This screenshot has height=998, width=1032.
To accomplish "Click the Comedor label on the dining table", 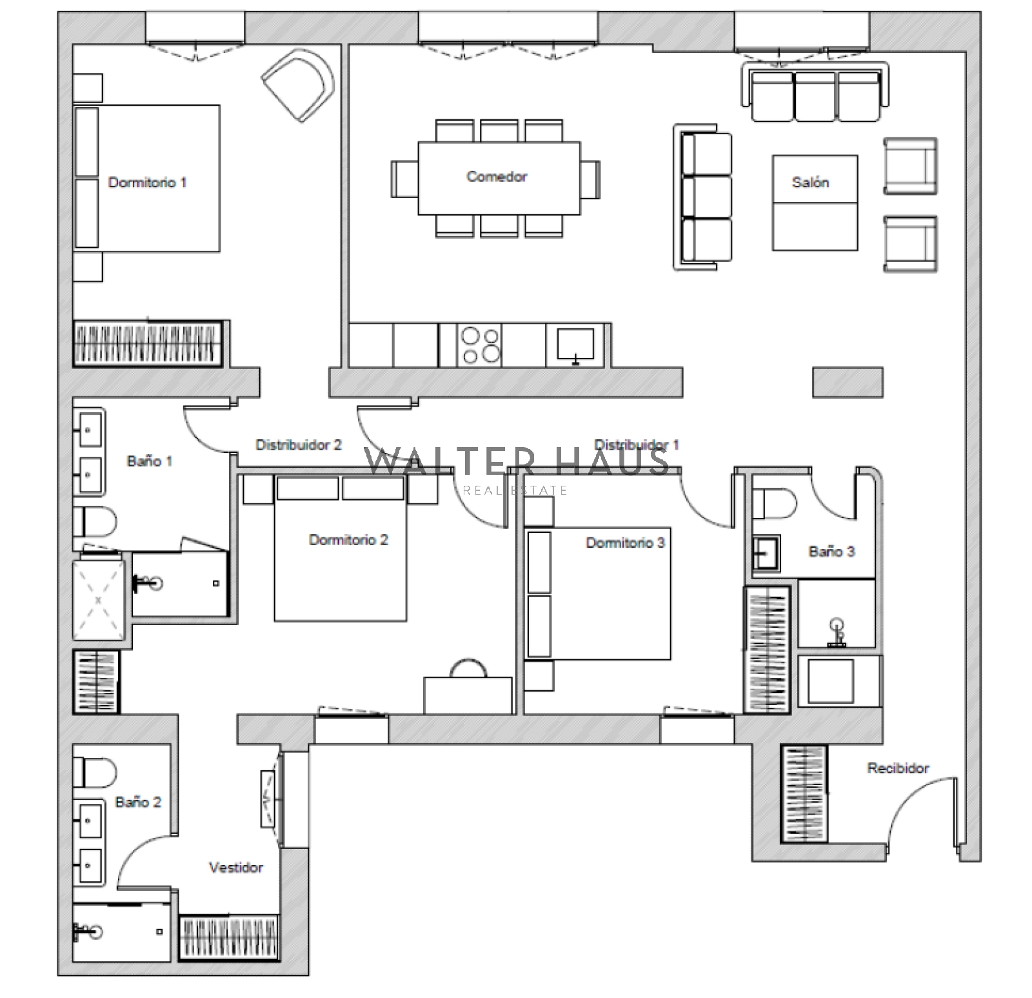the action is point(497,176).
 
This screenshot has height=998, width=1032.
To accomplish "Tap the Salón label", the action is point(810,183).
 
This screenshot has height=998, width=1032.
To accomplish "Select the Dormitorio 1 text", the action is point(147,183).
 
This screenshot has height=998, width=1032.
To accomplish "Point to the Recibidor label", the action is point(898,768).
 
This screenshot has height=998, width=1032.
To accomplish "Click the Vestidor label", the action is point(236,868).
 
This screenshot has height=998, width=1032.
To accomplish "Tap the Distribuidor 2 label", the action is point(299,445).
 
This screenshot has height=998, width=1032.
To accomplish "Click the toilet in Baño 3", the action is point(774,503).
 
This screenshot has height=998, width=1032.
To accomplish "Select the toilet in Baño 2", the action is point(94,772).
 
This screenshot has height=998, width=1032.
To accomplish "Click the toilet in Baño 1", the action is point(94,521).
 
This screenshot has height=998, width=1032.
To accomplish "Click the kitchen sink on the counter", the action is point(575,345).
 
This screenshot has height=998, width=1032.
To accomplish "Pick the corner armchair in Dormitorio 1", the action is point(299,86).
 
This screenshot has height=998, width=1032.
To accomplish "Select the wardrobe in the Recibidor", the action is point(804,793).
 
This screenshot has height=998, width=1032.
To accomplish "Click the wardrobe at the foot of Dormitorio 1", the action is point(150,343).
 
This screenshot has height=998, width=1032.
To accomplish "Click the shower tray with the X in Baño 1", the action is point(98,600).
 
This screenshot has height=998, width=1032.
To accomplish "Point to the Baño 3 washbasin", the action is point(766,554).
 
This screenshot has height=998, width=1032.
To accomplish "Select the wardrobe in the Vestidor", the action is point(229,937).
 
